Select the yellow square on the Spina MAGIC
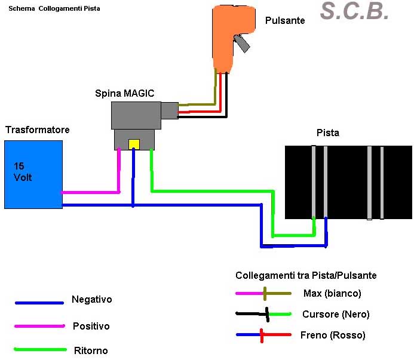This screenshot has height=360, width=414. pos(134,144)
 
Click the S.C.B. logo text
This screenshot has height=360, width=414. pos(354,11)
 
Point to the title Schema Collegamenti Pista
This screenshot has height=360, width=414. pos(54,9)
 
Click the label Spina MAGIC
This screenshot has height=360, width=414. pos(124,93)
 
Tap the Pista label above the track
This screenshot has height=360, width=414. pos(327,133)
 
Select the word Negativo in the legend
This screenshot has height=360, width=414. pos(91,300)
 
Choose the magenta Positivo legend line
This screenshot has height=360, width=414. pos(39,326)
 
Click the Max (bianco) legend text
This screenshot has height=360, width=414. pos(332,294)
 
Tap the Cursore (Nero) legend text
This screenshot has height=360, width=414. pos(336,315)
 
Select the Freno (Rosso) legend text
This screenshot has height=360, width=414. pos(333,336)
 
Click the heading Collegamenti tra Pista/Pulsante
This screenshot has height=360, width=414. pos(306,275)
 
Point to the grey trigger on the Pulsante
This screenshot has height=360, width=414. pos(241,43)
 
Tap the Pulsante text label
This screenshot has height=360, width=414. pos(285,21)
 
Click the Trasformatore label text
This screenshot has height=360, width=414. pos(37,130)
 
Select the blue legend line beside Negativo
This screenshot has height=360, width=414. pos(39,303)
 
